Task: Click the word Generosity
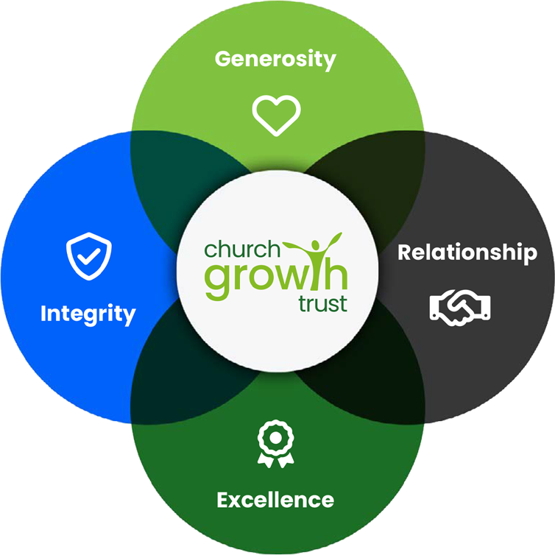pos(275,60)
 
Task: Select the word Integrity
pos(88,314)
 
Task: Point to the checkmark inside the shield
pos(89,257)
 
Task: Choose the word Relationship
pos(467,252)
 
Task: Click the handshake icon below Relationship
pos(460,308)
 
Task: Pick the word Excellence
pos(275,500)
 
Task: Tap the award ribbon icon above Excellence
pos(276,444)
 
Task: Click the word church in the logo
pos(242,250)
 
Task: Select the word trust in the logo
pos(322,304)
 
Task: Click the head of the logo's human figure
pos(315,245)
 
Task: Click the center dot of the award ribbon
pos(276,438)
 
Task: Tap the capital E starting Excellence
pos(224,500)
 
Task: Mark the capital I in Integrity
pos(43,313)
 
